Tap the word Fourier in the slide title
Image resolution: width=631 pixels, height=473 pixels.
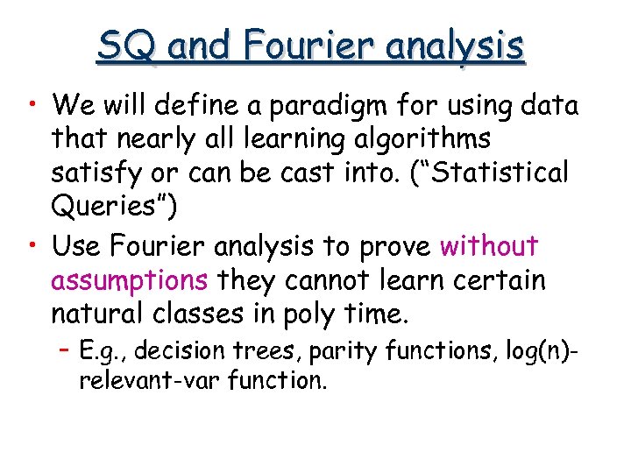pyautogui.click(x=288, y=45)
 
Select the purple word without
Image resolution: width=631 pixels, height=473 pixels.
pyautogui.click(x=489, y=247)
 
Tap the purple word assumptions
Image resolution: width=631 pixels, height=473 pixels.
pyautogui.click(x=129, y=282)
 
